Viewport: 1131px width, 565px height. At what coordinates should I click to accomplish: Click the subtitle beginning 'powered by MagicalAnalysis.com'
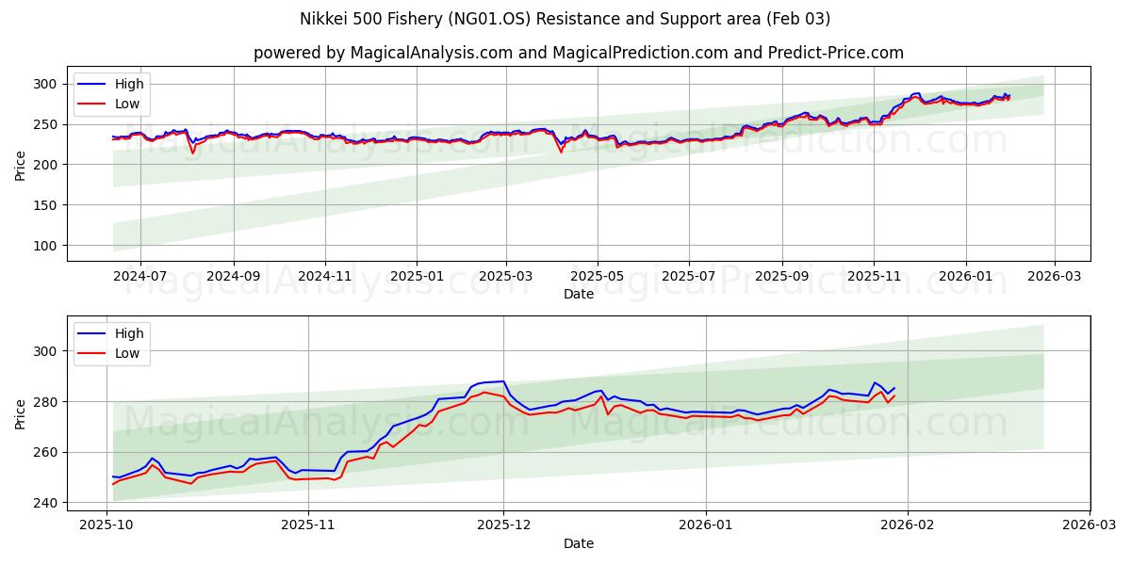click(578, 53)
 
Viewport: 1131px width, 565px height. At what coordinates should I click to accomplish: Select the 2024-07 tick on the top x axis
click(140, 276)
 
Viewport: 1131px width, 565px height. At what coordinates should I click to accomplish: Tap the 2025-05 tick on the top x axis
click(598, 276)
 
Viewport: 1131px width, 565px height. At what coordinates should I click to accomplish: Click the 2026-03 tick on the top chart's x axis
click(1054, 276)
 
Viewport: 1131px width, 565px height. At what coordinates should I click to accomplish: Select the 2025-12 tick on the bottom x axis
click(503, 525)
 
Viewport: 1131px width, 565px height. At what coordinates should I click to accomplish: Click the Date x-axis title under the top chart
click(578, 294)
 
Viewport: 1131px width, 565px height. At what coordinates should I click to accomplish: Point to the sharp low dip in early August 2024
click(192, 153)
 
